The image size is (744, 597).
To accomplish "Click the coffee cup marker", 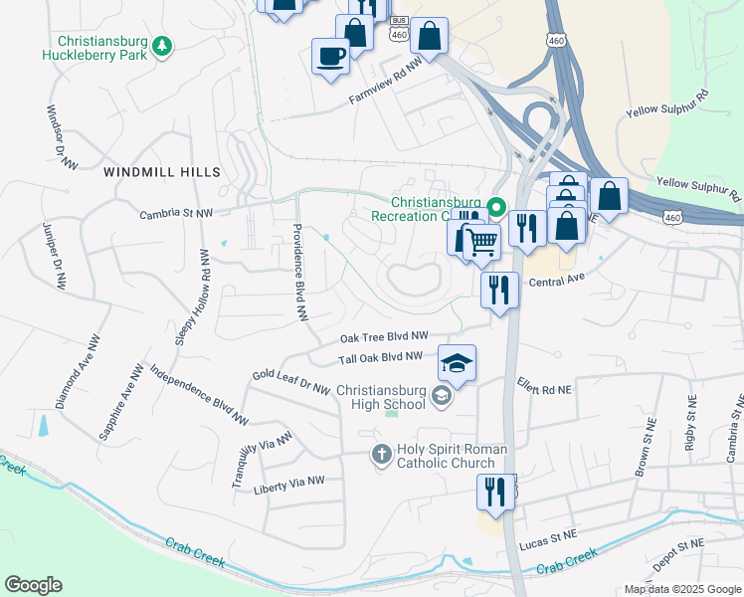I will click(330, 57).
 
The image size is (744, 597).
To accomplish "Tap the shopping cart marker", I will click(482, 241).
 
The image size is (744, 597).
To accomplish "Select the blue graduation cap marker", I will click(457, 363).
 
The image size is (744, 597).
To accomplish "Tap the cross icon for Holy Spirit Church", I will click(381, 455).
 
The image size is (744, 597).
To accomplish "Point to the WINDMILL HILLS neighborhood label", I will click(162, 172).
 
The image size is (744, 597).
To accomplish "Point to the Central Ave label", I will click(555, 282).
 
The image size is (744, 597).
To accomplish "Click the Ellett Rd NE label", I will click(544, 386).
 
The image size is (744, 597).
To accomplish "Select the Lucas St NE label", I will click(548, 535).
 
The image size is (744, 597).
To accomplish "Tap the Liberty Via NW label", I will click(289, 481).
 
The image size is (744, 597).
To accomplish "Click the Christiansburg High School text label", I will click(381, 397).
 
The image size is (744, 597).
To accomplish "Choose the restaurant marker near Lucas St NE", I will click(494, 490).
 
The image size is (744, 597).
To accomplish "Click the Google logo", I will click(34, 584).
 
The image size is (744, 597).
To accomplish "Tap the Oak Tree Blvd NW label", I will click(384, 337).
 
